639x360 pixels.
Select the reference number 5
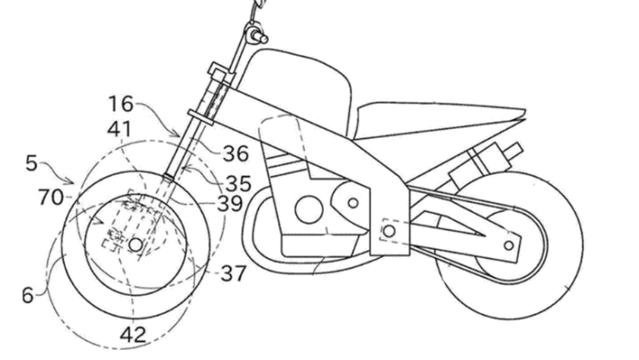pos(33,161)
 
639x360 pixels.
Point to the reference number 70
pos(52,197)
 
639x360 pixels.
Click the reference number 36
pos(236,154)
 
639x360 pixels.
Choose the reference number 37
pos(231,274)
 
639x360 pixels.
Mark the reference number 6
pos(28,295)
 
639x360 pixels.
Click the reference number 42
pos(134,334)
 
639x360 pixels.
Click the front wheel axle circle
pos(135,245)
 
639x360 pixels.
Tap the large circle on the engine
pos(304,208)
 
